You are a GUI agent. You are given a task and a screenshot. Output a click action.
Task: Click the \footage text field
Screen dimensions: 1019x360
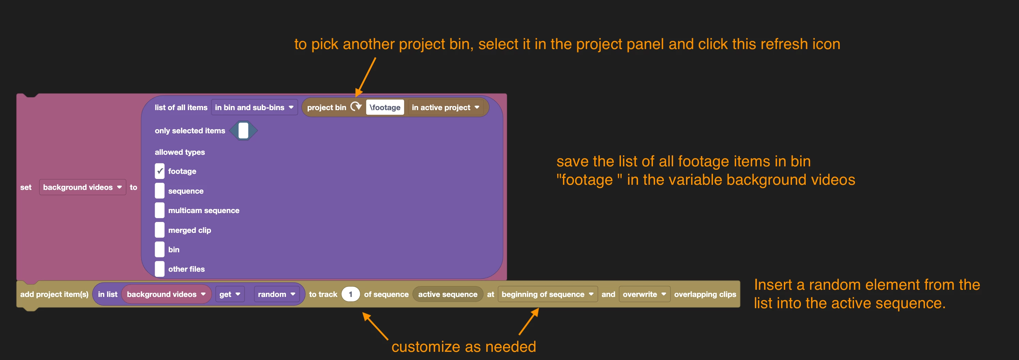coord(385,107)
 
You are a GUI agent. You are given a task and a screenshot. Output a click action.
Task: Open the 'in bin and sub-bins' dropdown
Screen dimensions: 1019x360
coord(254,107)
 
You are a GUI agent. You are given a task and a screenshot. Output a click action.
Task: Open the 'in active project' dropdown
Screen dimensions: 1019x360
coord(446,107)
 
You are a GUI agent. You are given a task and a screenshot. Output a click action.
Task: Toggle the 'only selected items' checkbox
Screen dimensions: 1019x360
coord(243,131)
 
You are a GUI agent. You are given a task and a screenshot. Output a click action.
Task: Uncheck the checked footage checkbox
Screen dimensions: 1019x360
coord(159,171)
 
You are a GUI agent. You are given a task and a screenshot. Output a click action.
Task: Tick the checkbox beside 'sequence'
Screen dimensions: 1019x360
coord(159,191)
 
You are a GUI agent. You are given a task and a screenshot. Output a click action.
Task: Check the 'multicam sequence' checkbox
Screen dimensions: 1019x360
coord(159,210)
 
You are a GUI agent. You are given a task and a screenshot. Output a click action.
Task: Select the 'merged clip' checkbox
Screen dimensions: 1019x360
coord(159,230)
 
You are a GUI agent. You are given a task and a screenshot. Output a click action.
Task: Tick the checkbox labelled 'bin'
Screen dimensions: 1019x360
coord(159,250)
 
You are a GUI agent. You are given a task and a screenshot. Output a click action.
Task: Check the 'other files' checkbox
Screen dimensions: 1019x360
coord(159,269)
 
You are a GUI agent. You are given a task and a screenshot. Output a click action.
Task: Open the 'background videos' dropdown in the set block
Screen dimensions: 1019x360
coord(82,187)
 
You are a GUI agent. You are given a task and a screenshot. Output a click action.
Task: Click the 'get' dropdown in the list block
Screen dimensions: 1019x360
coord(230,294)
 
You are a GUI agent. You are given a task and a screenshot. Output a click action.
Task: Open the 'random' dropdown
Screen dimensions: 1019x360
coord(276,294)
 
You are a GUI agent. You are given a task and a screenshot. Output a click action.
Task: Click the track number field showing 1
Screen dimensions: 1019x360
coord(350,294)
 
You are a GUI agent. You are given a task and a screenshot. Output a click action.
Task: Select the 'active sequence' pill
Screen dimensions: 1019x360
coord(448,294)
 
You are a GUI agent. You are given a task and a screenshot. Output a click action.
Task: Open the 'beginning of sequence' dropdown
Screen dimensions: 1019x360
coord(547,294)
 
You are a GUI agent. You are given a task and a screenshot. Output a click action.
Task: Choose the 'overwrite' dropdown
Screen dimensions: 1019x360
coord(644,294)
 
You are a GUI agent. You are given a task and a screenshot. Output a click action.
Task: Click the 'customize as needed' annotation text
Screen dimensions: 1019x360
coord(463,347)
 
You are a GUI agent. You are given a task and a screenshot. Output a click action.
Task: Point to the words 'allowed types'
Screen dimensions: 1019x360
coord(180,152)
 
